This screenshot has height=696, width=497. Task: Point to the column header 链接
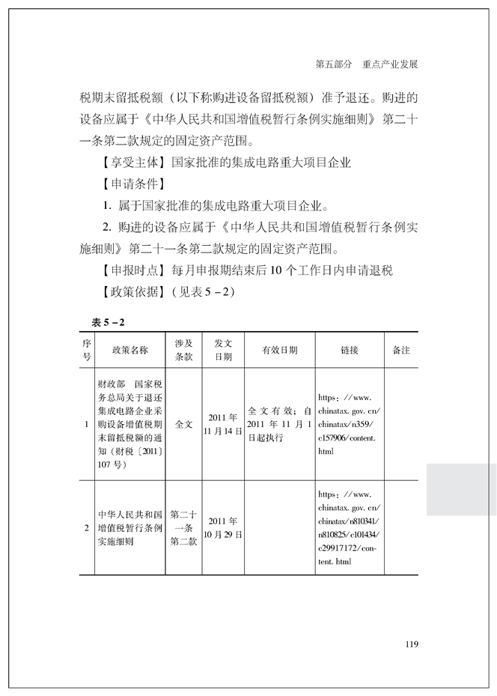coord(349,350)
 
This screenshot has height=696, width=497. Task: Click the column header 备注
coord(401,350)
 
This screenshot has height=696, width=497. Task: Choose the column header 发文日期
coord(223,350)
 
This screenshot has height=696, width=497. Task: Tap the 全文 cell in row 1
coord(183,424)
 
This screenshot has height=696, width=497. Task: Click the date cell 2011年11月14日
coord(223,424)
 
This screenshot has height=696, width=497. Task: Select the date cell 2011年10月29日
coord(223,527)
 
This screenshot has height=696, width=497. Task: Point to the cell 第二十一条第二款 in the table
coord(183,527)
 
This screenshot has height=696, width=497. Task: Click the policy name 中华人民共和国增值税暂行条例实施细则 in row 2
coord(129,527)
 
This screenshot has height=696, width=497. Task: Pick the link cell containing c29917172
coord(350,527)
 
